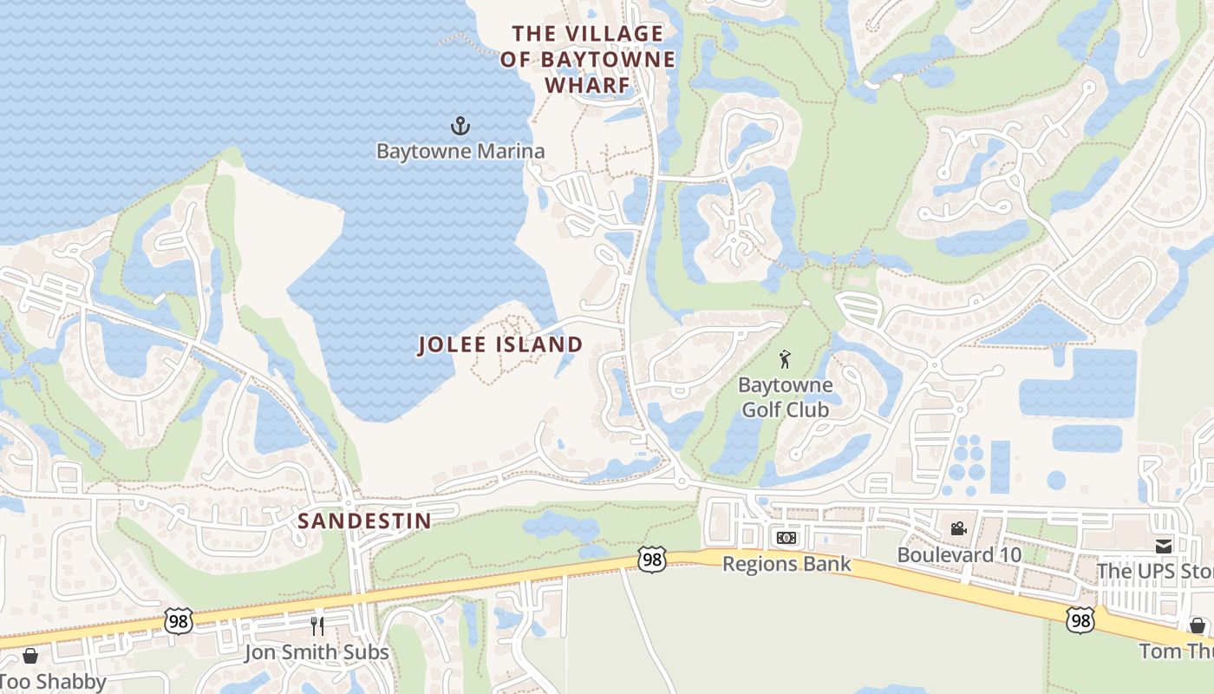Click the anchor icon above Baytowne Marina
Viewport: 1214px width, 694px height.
point(460,127)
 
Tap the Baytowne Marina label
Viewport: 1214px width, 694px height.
point(460,151)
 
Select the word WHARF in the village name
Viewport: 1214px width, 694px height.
point(587,85)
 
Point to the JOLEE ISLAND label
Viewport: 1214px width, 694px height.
point(500,344)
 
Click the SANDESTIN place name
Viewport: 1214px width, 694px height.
point(364,520)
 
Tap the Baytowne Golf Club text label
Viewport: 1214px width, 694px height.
point(785,396)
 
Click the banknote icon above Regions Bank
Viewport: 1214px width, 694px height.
point(786,539)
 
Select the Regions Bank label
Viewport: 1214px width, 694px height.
point(786,564)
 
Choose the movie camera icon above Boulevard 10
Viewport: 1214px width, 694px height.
point(958,528)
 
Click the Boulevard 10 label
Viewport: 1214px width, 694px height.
point(958,554)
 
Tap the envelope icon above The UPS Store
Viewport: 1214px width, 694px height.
point(1163,546)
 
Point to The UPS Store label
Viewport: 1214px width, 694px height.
point(1154,571)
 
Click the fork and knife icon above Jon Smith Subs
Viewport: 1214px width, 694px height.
point(317,625)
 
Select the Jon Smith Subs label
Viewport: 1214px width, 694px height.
point(317,651)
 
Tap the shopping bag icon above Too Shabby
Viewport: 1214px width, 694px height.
point(30,656)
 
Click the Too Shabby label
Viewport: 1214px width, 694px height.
point(52,681)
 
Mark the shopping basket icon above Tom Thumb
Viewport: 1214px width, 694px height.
point(1198,625)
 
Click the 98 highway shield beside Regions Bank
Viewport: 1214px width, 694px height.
point(652,560)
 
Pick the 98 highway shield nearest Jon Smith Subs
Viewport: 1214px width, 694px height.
point(178,620)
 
